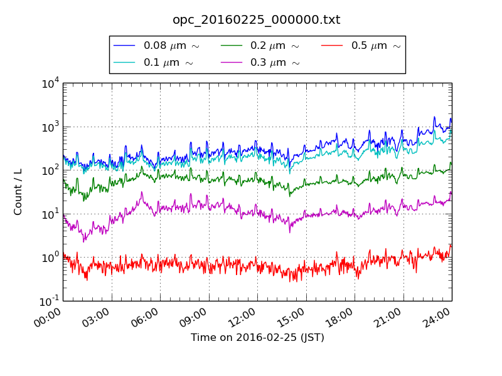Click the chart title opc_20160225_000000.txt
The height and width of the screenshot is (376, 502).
[x=256, y=20]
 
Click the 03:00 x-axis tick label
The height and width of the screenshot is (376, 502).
[x=97, y=316]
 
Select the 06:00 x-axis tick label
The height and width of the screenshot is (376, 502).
[x=145, y=316]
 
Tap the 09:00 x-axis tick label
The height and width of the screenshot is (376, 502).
[x=194, y=316]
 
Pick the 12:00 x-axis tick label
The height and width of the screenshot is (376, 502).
[x=242, y=316]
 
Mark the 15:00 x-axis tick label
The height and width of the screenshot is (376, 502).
[x=291, y=316]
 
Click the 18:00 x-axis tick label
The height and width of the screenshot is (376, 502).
[x=339, y=316]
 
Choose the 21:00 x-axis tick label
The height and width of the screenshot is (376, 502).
[x=388, y=316]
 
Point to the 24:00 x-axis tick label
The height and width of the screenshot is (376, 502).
[x=437, y=316]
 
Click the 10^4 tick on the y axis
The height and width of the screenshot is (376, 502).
[x=50, y=83]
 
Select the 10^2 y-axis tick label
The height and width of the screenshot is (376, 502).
[x=50, y=170]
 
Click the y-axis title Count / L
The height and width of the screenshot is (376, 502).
[x=18, y=192]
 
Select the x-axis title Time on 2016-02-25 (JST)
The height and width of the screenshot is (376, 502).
[x=257, y=338]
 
